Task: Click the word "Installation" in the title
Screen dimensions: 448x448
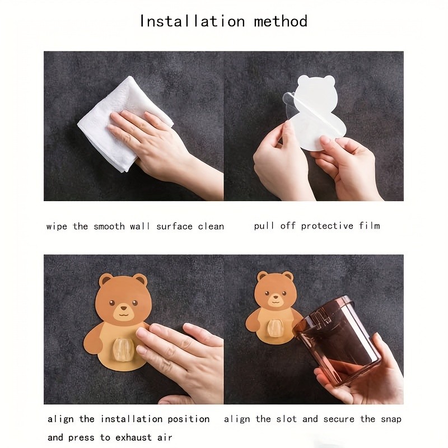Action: point(192,21)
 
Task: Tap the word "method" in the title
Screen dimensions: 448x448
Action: point(281,21)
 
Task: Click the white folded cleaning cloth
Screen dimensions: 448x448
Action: point(125,123)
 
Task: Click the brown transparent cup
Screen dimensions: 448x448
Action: point(337,340)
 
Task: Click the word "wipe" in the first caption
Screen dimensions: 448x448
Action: point(57,227)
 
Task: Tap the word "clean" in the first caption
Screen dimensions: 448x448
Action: point(211,227)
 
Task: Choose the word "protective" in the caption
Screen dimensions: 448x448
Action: point(327,226)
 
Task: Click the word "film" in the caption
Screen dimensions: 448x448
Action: point(370,226)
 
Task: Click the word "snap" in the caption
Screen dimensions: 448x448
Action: point(391,419)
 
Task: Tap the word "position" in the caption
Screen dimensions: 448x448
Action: point(189,419)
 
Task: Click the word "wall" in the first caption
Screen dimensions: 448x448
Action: point(140,227)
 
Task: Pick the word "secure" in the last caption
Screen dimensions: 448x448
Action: point(339,419)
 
